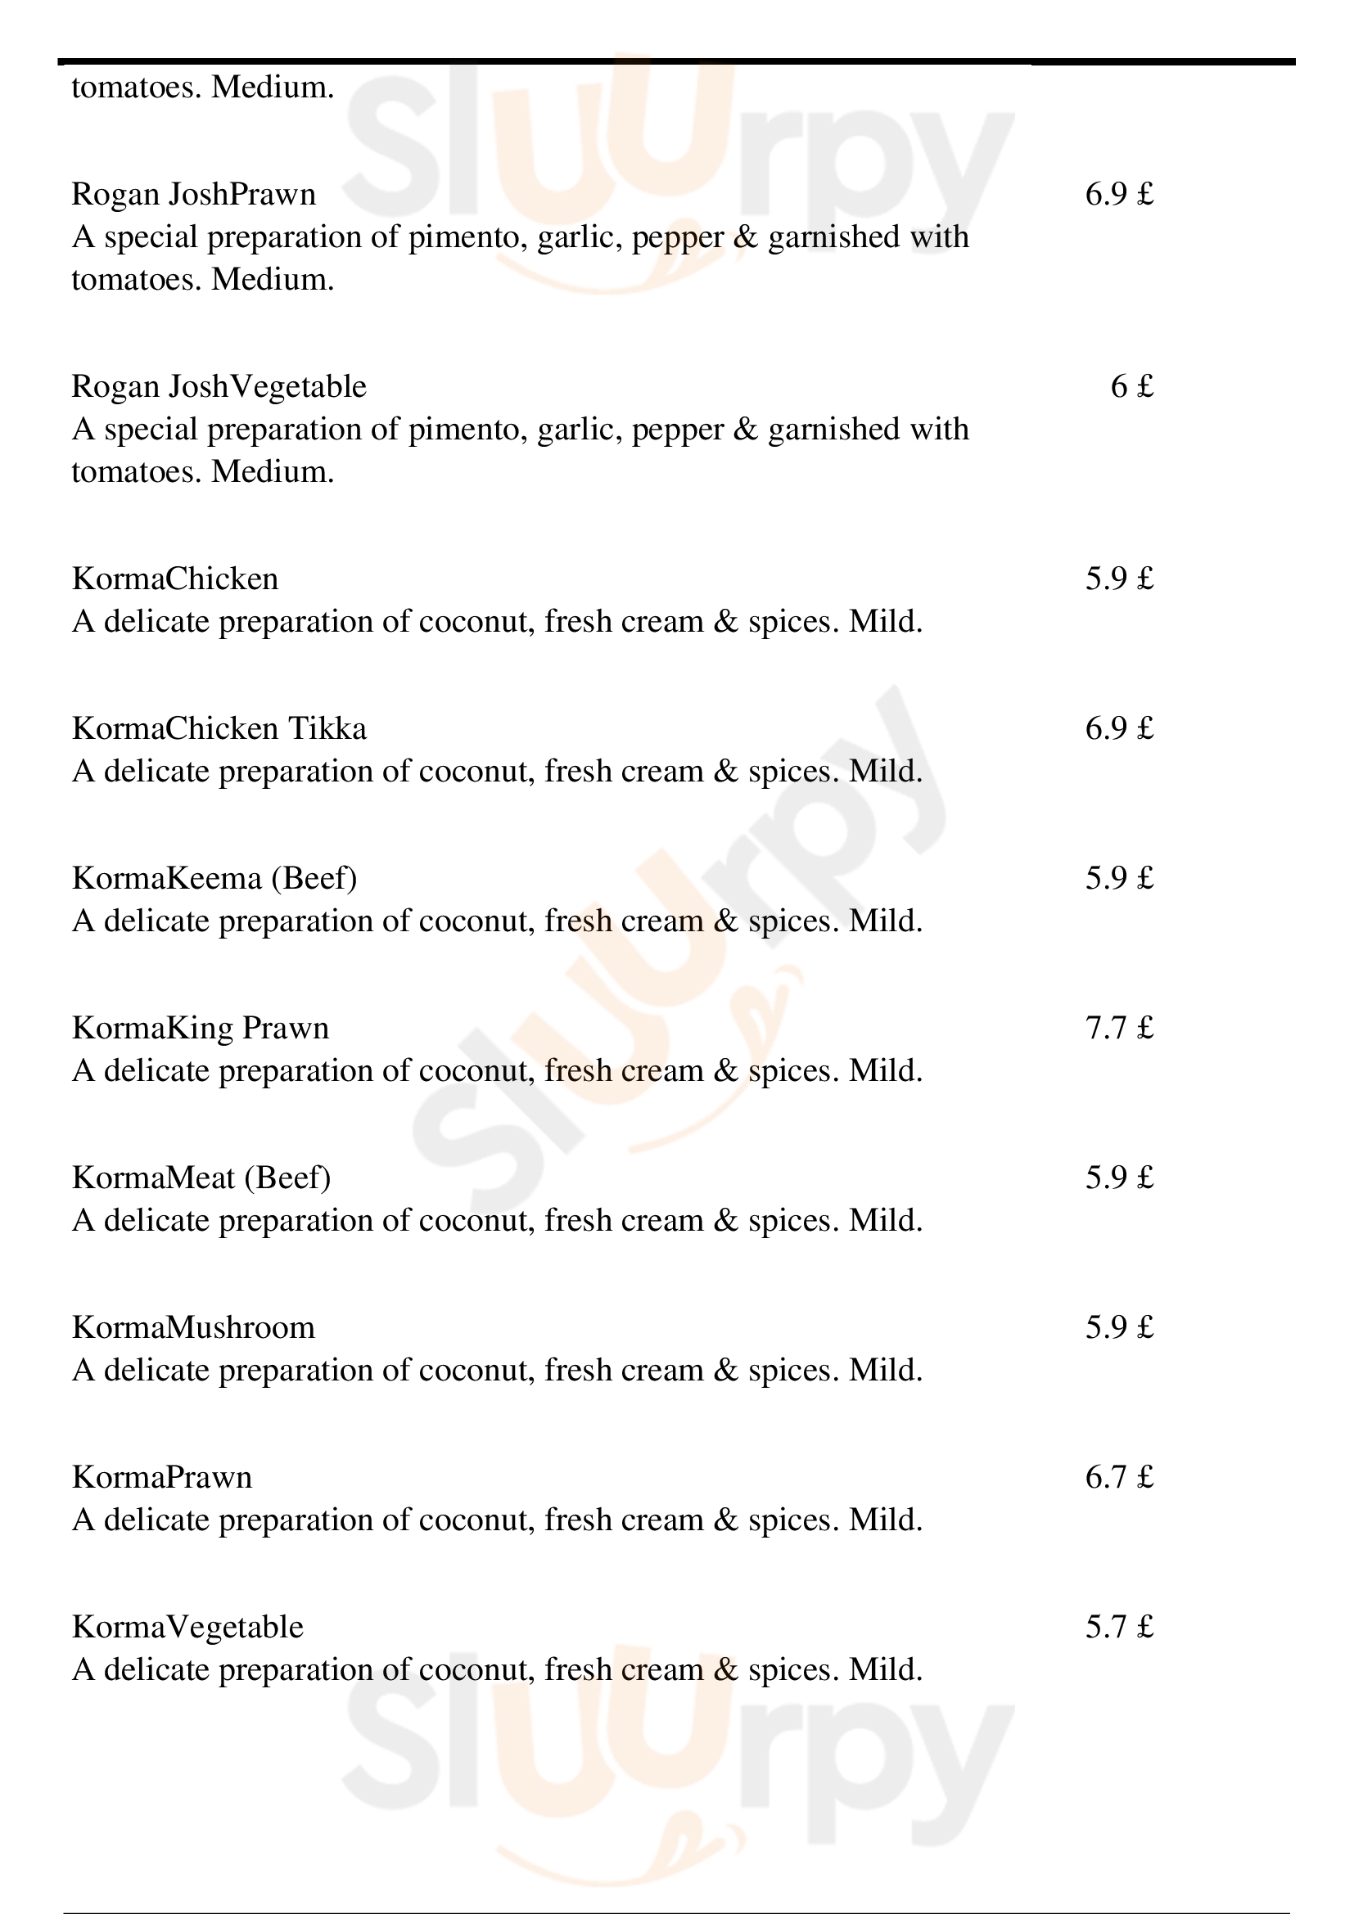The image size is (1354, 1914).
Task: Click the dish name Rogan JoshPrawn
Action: (193, 194)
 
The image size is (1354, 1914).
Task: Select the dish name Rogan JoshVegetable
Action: (219, 387)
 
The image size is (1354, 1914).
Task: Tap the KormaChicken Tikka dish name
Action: (219, 728)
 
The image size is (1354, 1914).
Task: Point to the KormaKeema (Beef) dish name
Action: (214, 879)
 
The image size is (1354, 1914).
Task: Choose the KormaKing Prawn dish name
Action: (200, 1028)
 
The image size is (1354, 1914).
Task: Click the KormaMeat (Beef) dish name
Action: (201, 1178)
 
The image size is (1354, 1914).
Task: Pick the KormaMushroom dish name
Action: (193, 1327)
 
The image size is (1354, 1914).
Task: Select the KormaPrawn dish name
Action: (162, 1477)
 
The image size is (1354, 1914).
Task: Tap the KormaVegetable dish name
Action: (187, 1627)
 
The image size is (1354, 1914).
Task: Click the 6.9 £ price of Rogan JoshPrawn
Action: (1119, 194)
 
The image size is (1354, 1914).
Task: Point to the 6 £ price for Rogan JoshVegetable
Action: (1131, 387)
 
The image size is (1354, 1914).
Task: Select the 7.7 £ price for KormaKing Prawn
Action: (1119, 1028)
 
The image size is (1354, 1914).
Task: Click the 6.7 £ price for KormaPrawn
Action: (1119, 1477)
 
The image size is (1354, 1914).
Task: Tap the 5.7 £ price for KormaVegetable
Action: (1119, 1627)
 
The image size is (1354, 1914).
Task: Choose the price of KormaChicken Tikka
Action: (1119, 728)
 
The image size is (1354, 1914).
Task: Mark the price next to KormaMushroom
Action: (1119, 1327)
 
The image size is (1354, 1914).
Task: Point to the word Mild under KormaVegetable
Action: (886, 1670)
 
